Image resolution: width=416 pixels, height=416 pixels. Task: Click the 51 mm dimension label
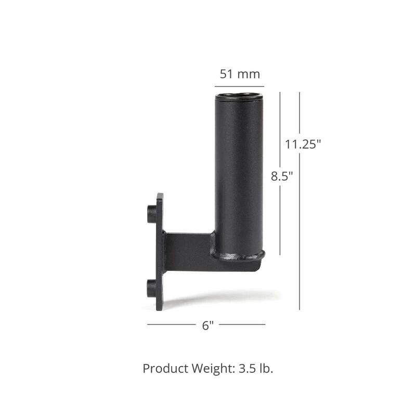pyautogui.click(x=239, y=74)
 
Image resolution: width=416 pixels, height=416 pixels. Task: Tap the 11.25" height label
pyautogui.click(x=303, y=145)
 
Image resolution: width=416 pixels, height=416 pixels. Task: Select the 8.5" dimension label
pyautogui.click(x=282, y=176)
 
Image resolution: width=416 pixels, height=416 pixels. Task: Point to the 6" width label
pyautogui.click(x=207, y=326)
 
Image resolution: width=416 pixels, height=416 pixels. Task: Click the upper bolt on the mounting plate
pyautogui.click(x=152, y=213)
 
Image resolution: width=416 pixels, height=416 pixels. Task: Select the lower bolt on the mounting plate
pyautogui.click(x=152, y=288)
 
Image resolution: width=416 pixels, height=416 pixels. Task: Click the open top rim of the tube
pyautogui.click(x=239, y=96)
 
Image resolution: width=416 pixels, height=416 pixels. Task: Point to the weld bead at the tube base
pyautogui.click(x=238, y=255)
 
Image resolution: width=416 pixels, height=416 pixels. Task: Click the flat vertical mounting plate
pyautogui.click(x=160, y=252)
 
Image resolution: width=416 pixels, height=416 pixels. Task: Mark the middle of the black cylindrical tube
pyautogui.click(x=239, y=172)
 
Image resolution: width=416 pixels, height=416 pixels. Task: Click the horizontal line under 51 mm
pyautogui.click(x=239, y=86)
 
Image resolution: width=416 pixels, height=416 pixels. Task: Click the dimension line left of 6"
pyautogui.click(x=171, y=324)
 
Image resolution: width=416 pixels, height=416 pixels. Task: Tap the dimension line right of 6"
pyautogui.click(x=242, y=324)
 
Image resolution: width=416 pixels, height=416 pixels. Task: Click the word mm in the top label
pyautogui.click(x=249, y=74)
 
